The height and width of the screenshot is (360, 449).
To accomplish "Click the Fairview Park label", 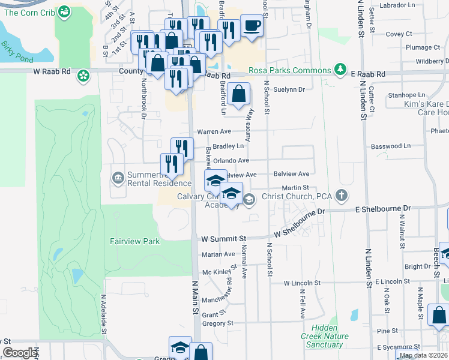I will [x=135, y=241].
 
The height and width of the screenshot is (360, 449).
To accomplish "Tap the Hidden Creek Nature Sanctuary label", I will [x=325, y=336].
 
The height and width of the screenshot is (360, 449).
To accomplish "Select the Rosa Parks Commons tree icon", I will [x=341, y=70].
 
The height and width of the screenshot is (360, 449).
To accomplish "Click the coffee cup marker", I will [x=252, y=27].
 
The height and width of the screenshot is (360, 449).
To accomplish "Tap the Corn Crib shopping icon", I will [x=65, y=11].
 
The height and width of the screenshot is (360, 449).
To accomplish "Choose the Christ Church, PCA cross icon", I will [x=342, y=195].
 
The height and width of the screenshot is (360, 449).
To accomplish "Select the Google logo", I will [x=20, y=353].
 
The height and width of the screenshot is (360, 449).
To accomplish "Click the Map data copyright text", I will [x=423, y=355].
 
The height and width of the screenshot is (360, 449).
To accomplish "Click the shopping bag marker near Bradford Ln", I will [x=239, y=94].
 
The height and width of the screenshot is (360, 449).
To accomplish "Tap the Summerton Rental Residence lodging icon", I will [x=117, y=178].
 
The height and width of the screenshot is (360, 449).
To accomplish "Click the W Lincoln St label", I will [x=302, y=283].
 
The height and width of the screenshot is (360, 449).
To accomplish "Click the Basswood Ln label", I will [x=391, y=146].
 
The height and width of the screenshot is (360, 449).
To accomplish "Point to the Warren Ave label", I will [x=214, y=131].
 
